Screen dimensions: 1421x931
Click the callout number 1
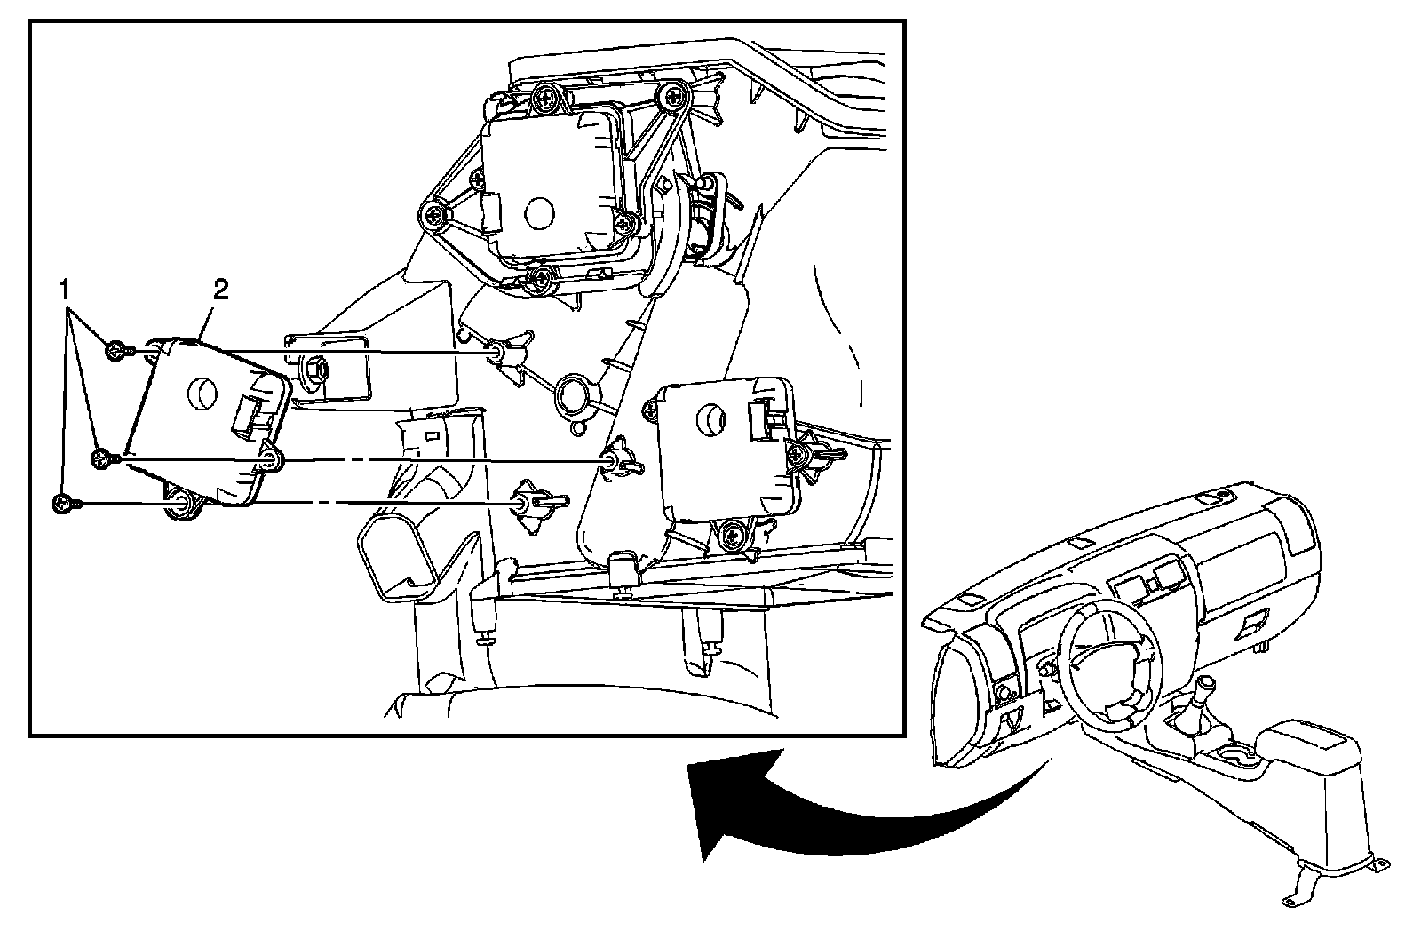[64, 291]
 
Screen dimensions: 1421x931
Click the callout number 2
[220, 290]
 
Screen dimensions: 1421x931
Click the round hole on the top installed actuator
[539, 213]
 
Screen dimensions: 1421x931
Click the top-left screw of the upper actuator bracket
[544, 96]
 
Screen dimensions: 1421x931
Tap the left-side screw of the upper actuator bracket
[434, 216]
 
